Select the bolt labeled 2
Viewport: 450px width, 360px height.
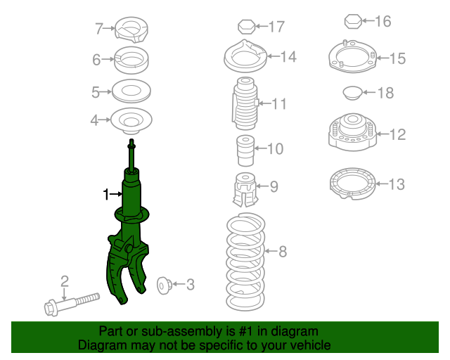click(x=72, y=304)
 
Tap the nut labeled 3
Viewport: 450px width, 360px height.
click(x=165, y=285)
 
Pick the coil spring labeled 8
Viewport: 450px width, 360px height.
click(x=245, y=262)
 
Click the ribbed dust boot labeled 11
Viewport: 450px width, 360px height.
click(x=245, y=103)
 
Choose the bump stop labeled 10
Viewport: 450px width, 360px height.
click(x=245, y=150)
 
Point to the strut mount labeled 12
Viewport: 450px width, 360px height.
click(x=352, y=131)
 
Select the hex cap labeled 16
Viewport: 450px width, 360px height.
click(x=353, y=21)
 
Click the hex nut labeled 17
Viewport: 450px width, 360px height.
click(x=247, y=27)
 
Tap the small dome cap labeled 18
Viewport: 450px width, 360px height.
click(x=352, y=93)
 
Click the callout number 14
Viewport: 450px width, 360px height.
click(x=288, y=57)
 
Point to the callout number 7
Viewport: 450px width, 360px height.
click(x=99, y=29)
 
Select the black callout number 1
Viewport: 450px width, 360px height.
click(x=106, y=194)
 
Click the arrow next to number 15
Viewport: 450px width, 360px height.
click(x=382, y=58)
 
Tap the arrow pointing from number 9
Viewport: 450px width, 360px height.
click(x=262, y=186)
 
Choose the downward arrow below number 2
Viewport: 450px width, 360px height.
click(x=64, y=295)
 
